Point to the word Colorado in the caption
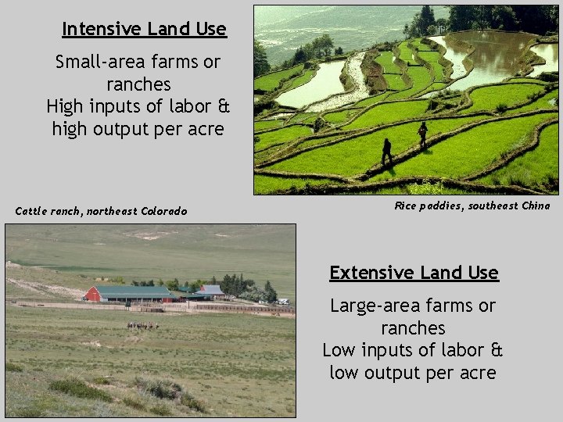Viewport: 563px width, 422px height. coord(163,211)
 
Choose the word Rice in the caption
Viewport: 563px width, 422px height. coord(405,206)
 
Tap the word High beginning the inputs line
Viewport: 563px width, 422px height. coord(67,105)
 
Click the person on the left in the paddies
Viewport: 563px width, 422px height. coord(386,151)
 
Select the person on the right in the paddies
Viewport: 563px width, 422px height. coord(422,134)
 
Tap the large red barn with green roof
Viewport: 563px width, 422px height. coord(129,294)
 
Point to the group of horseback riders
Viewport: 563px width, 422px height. coord(142,325)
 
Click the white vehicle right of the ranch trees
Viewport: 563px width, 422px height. coord(282,301)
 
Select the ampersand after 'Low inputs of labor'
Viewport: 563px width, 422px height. coord(496,350)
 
